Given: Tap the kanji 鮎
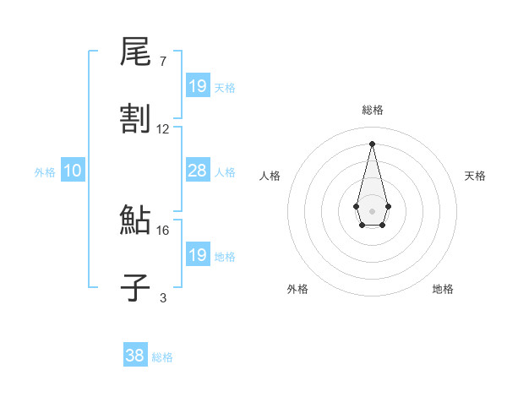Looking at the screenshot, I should (x=135, y=220).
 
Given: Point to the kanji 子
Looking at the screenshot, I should (x=135, y=287).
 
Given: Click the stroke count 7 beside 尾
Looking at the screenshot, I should (x=162, y=62).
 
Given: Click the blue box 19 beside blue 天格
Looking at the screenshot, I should (x=198, y=85).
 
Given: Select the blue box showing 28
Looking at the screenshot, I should (x=198, y=171).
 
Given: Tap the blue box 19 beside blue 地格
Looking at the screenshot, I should (x=198, y=255).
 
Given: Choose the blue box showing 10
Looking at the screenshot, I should (x=73, y=171).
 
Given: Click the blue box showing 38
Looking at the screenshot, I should (x=135, y=356).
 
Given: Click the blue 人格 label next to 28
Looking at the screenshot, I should (x=225, y=172).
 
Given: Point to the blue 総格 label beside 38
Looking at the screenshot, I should (x=162, y=357).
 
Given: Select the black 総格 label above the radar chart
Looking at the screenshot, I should (x=372, y=110).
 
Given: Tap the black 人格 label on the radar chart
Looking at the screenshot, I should (x=270, y=176).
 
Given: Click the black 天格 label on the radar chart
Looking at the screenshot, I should (x=475, y=176).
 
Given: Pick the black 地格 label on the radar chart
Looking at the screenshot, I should (x=443, y=289).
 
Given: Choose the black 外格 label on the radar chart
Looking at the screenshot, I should (x=297, y=289).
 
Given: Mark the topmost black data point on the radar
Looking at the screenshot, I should (x=372, y=144).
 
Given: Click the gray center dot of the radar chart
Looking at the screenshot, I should (x=372, y=209).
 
